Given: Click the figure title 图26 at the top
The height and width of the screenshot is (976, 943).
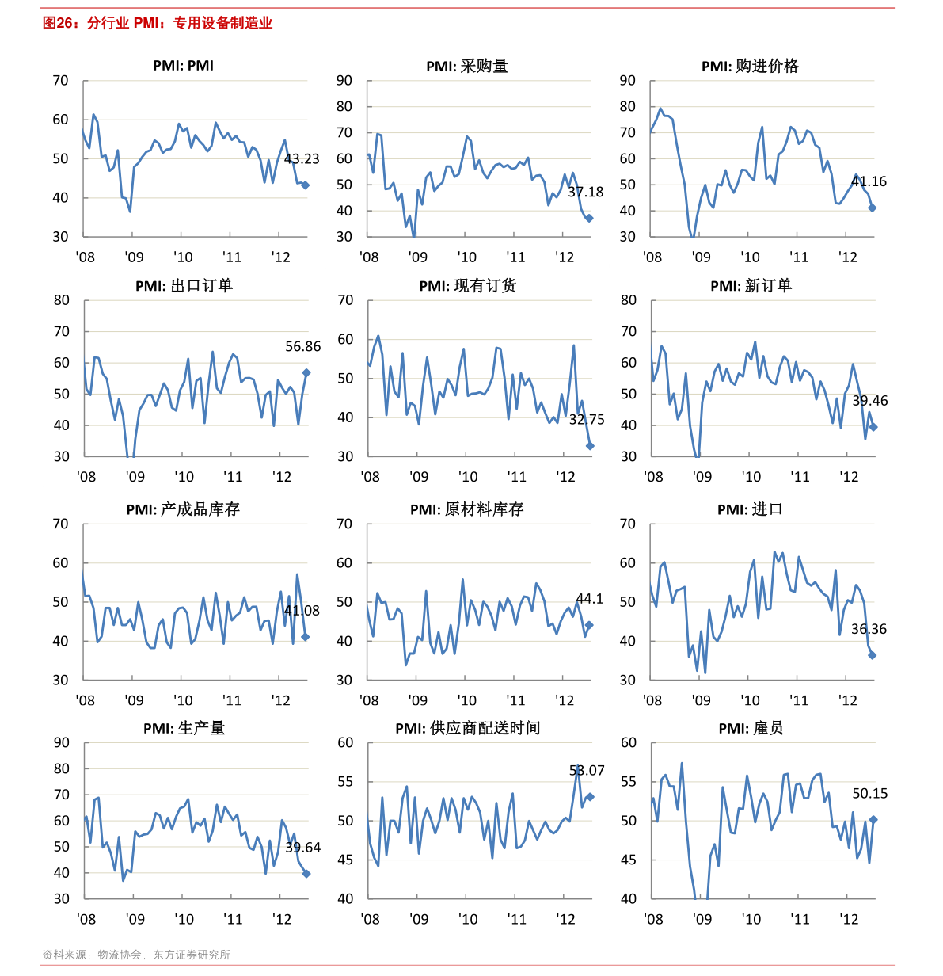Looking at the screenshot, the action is pyautogui.click(x=157, y=23).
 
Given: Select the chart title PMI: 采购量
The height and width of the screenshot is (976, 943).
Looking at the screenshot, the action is pyautogui.click(x=466, y=67).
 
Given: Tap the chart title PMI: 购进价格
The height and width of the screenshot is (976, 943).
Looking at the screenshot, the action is pyautogui.click(x=749, y=67).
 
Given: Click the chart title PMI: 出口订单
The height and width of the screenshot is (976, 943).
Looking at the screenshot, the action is pyautogui.click(x=184, y=286).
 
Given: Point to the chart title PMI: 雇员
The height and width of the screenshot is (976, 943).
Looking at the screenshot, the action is pyautogui.click(x=750, y=728).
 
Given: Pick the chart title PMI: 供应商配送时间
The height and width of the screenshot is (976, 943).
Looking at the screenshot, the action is pyautogui.click(x=467, y=728).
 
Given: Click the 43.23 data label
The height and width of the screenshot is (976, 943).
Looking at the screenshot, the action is pyautogui.click(x=302, y=159).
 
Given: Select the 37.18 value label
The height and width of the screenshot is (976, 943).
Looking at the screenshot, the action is pyautogui.click(x=585, y=192).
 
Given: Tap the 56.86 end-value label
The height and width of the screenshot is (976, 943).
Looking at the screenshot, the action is pyautogui.click(x=302, y=346).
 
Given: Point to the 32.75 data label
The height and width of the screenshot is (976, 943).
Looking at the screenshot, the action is pyautogui.click(x=586, y=420).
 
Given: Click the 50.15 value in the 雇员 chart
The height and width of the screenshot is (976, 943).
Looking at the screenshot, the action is pyautogui.click(x=869, y=794).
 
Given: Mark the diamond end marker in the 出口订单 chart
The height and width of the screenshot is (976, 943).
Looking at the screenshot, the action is pyautogui.click(x=306, y=372).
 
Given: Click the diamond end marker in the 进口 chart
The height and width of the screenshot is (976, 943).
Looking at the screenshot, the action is pyautogui.click(x=872, y=655).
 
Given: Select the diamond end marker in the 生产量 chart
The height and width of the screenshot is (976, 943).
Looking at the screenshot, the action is pyautogui.click(x=306, y=874).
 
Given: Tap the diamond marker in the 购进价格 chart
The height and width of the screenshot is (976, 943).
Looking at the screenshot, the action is pyautogui.click(x=872, y=208).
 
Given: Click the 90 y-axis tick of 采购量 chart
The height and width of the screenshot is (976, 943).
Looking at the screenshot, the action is pyautogui.click(x=344, y=81).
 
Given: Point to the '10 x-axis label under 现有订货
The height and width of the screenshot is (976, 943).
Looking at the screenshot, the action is pyautogui.click(x=467, y=476).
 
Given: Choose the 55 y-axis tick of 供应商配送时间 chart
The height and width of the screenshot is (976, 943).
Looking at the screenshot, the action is pyautogui.click(x=345, y=782).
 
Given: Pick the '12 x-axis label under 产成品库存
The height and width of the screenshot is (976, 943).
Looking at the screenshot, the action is pyautogui.click(x=280, y=700).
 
